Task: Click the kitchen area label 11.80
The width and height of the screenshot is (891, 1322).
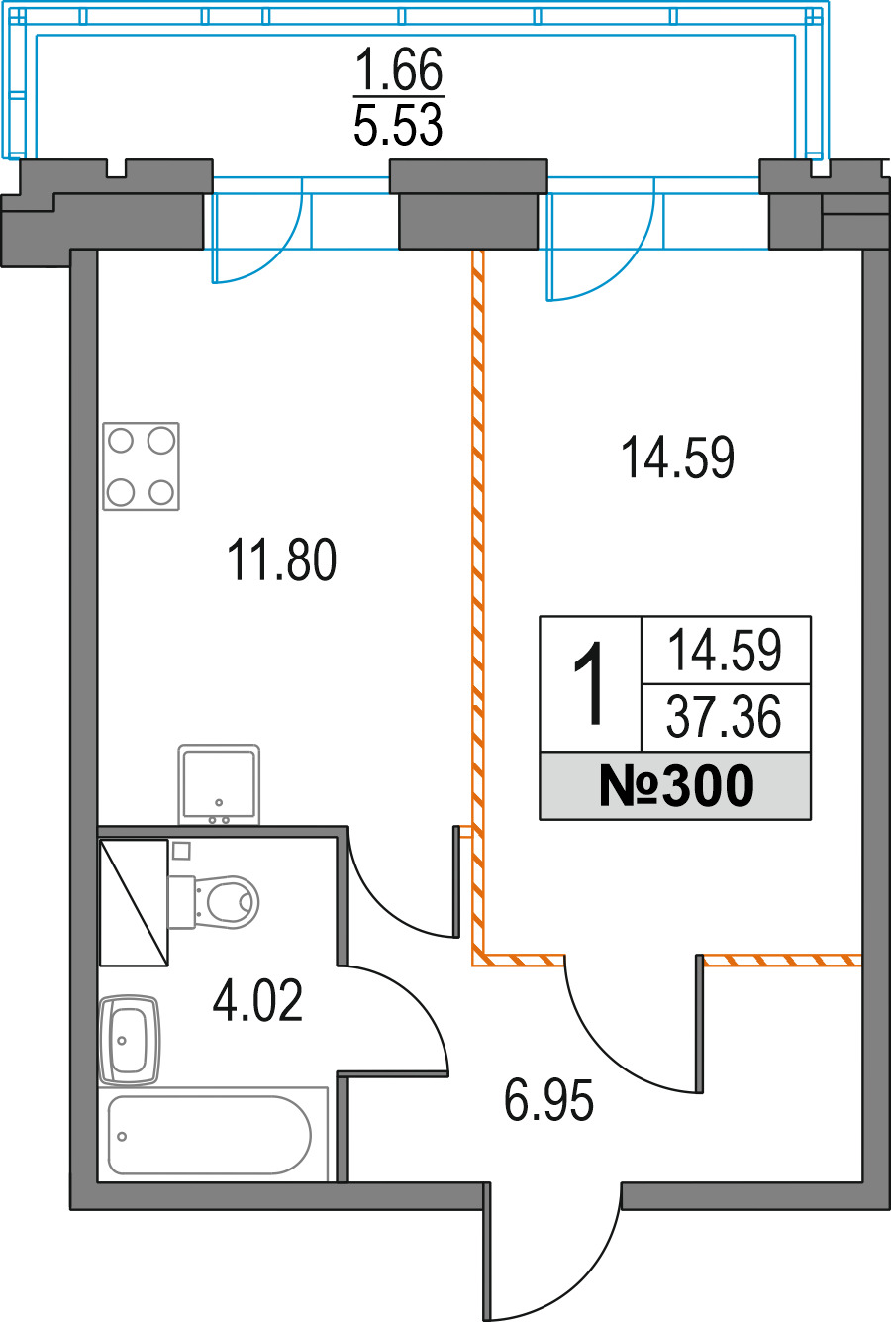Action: pos(281,559)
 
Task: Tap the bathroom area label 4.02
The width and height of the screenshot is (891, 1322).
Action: pos(257,1000)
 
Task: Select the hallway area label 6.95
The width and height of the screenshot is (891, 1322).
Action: pos(548,1099)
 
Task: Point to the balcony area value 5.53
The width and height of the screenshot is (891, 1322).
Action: pos(398,124)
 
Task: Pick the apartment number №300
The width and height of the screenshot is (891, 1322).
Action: pos(676,785)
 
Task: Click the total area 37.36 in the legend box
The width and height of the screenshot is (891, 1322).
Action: pos(724,717)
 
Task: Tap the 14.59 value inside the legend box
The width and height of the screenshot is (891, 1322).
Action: pos(726,650)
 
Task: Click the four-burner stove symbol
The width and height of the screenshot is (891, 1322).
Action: pos(141,466)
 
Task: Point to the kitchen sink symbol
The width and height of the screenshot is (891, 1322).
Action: pos(219,784)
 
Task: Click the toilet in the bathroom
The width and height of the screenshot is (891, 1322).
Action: pos(214,902)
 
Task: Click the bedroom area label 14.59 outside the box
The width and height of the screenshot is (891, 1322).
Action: pos(677,457)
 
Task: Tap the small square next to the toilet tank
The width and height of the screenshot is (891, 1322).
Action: pos(181,851)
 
